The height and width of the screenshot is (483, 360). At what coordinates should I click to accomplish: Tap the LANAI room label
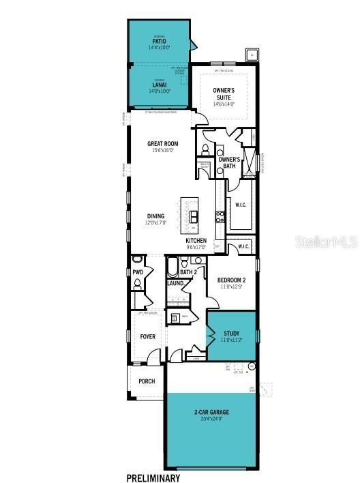160,85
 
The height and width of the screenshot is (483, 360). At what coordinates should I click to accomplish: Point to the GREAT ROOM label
162,144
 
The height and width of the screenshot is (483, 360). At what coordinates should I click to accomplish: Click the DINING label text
155,216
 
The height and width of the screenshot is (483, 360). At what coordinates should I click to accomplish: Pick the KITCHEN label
196,241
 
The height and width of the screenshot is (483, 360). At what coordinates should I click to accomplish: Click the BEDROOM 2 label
231,280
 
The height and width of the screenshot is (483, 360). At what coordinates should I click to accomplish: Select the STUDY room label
232,334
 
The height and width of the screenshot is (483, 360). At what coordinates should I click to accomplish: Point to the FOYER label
148,336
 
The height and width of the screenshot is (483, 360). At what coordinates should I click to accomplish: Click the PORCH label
147,381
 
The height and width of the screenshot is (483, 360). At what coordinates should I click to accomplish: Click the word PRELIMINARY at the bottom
153,478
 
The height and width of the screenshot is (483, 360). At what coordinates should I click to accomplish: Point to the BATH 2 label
189,272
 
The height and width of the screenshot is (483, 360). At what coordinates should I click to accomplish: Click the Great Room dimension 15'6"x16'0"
162,151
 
